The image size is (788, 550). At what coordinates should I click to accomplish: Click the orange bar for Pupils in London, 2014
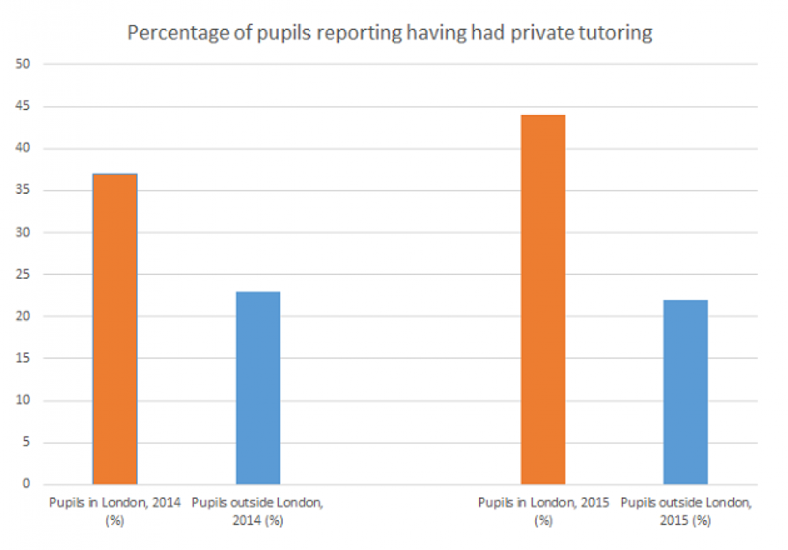click(115, 329)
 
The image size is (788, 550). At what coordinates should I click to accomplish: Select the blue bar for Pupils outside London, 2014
click(258, 388)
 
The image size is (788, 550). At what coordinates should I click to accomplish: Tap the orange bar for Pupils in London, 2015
click(543, 299)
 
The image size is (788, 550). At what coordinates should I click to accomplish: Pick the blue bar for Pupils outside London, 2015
click(686, 392)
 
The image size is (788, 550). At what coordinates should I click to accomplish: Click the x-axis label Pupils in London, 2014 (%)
click(115, 511)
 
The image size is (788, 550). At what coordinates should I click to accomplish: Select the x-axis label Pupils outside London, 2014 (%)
click(258, 511)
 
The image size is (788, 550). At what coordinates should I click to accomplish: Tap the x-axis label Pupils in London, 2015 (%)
click(543, 511)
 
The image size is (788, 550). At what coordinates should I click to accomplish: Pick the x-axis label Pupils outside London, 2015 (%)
click(686, 511)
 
